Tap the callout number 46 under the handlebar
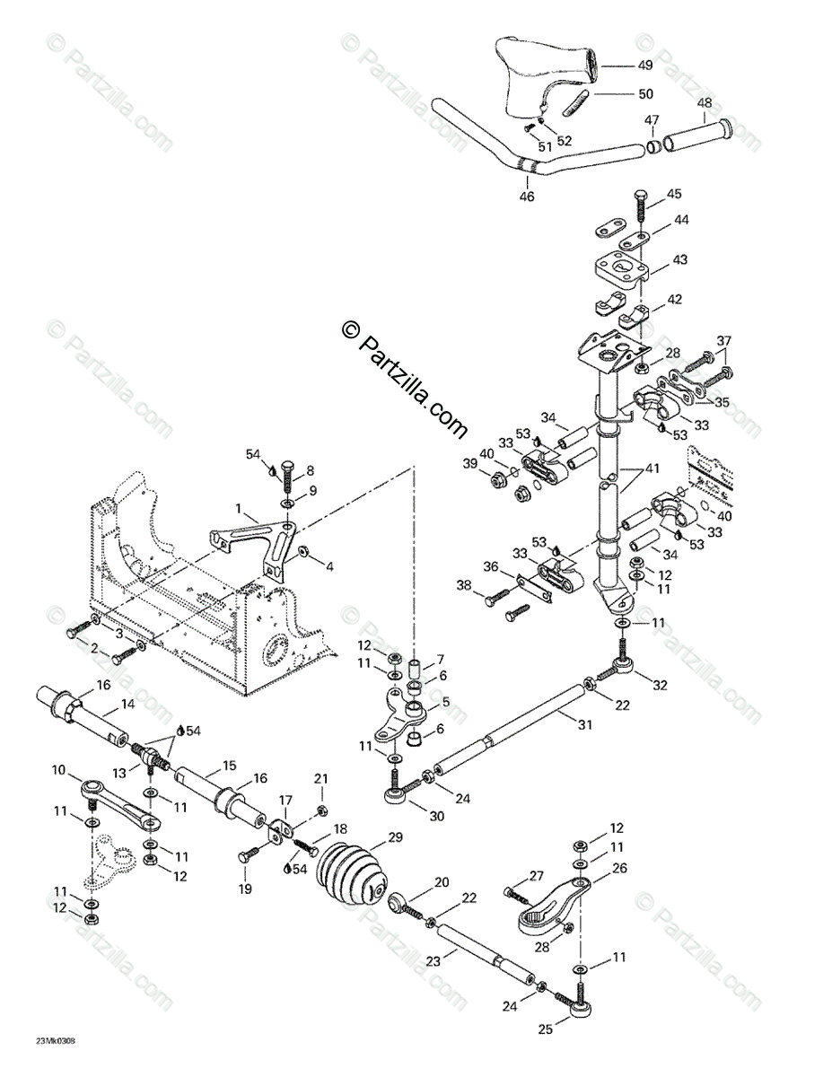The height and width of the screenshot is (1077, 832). (527, 195)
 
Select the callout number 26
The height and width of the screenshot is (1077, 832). (618, 868)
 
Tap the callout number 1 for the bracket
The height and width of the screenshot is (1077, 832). (240, 508)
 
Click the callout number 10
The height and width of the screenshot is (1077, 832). (59, 769)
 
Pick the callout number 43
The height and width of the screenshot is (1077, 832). (679, 259)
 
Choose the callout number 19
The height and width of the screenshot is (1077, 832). (243, 889)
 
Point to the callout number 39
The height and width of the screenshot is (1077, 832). (469, 463)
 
